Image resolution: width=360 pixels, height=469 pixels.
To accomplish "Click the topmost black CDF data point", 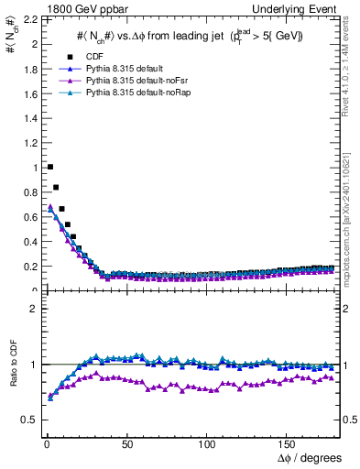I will coord(49,167).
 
